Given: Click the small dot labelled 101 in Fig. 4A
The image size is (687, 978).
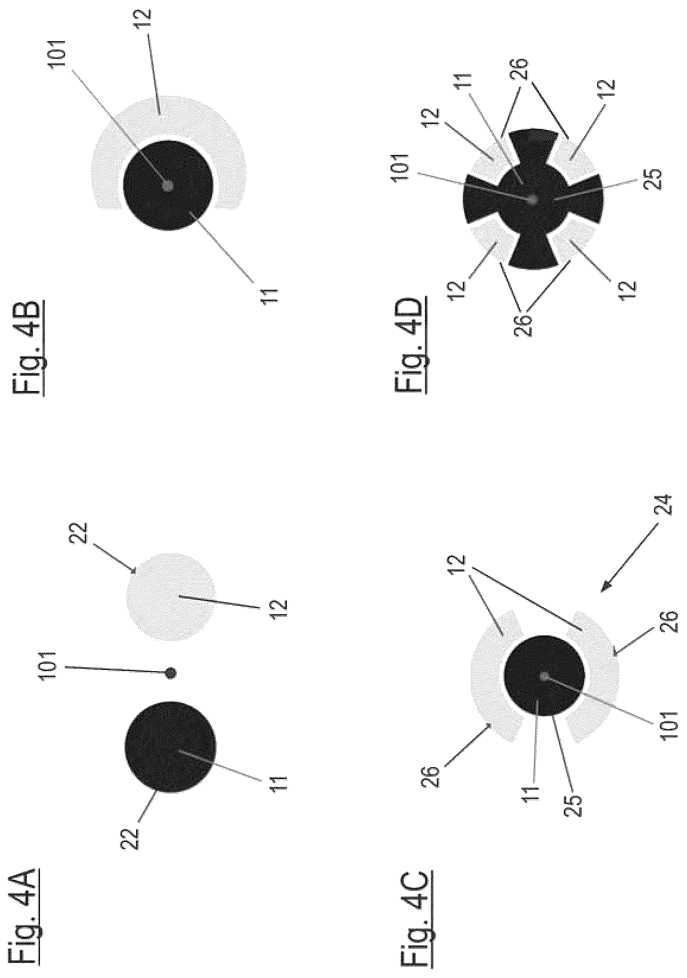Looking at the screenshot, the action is coord(171,673).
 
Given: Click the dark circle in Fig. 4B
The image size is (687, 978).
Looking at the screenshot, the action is coord(168,185).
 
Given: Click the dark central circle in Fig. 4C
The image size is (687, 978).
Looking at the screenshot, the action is coord(544,675).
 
